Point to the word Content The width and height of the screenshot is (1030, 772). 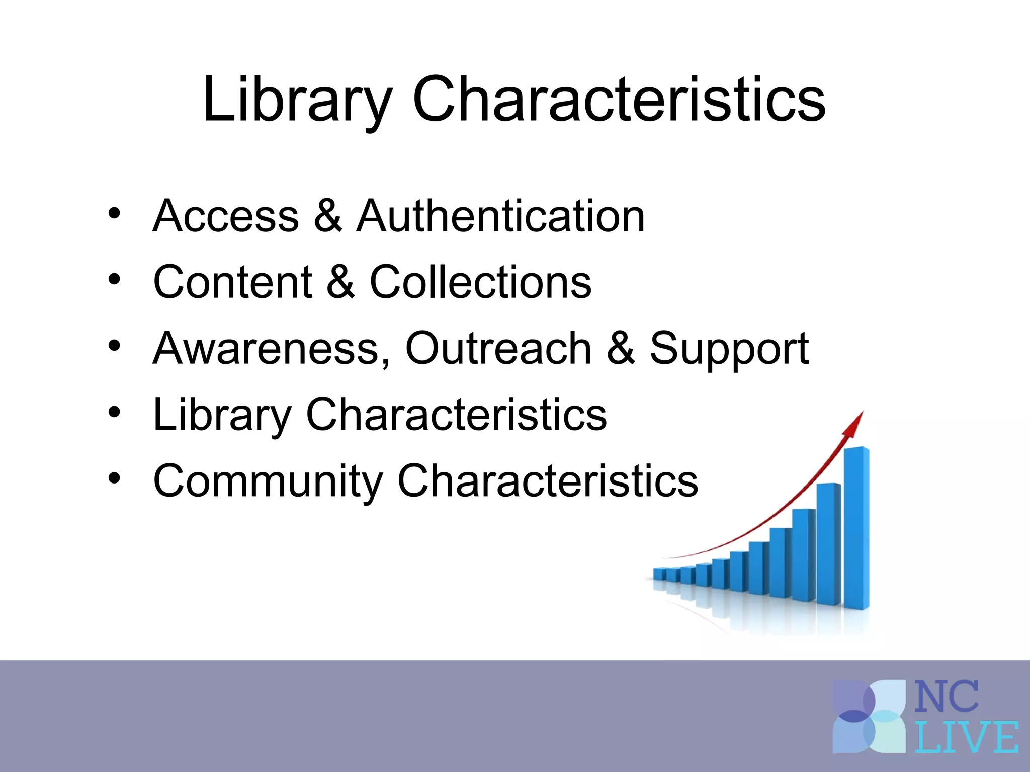232,282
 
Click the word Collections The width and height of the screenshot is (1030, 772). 480,282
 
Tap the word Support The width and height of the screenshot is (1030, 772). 729,349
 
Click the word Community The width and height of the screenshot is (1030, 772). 268,481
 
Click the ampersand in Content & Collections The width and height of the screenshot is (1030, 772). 340,282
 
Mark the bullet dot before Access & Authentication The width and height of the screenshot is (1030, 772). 114,214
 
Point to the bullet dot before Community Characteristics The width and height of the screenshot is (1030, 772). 114,478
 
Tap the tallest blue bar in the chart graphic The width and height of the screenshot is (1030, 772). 856,528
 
